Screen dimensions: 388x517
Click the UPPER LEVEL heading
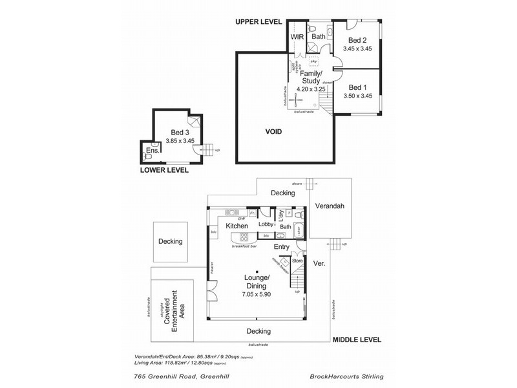pyautogui.click(x=258, y=22)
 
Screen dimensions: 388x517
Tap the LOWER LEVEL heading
pyautogui.click(x=164, y=170)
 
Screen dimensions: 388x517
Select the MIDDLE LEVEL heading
pyautogui.click(x=357, y=339)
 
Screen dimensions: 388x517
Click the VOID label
pyautogui.click(x=274, y=131)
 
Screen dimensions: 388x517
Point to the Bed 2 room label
pyautogui.click(x=357, y=39)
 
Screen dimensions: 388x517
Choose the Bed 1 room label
pyautogui.click(x=357, y=87)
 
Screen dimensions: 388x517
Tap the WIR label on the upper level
pyautogui.click(x=297, y=38)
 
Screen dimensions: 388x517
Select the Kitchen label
pyautogui.click(x=237, y=226)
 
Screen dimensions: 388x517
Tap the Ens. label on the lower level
pyautogui.click(x=153, y=151)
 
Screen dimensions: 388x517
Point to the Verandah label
pyautogui.click(x=328, y=206)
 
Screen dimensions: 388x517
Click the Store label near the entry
pyautogui.click(x=297, y=261)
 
